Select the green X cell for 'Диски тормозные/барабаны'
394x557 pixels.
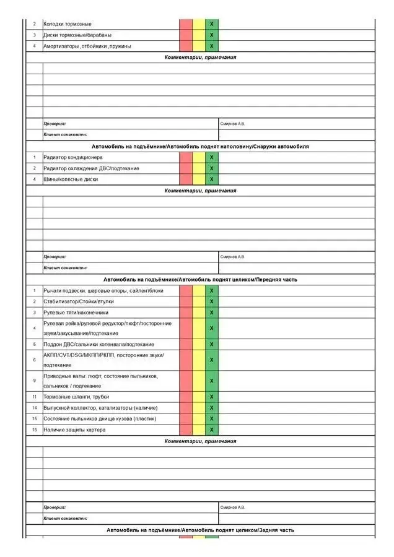[212, 35]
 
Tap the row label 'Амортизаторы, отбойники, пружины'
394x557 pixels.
[87, 46]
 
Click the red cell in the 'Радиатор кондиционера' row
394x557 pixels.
[186, 157]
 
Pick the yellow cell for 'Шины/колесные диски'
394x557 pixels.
[199, 179]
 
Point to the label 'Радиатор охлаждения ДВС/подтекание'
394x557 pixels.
[91, 168]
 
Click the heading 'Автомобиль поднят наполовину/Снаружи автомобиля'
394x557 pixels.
[200, 147]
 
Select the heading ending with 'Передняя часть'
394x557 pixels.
[200, 280]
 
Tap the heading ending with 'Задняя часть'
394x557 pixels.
[200, 530]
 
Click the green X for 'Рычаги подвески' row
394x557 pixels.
[212, 291]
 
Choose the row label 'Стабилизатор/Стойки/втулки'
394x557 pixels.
[79, 301]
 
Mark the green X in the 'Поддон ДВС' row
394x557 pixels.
[212, 344]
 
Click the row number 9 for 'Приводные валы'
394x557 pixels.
[35, 381]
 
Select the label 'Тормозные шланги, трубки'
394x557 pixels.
[76, 397]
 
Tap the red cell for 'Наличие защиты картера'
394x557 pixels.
[186, 430]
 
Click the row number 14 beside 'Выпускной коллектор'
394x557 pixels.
[35, 408]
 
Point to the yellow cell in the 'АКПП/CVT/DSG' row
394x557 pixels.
[199, 360]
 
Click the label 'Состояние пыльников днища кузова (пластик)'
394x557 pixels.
[99, 419]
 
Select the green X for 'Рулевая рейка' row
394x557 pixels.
[212, 328]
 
